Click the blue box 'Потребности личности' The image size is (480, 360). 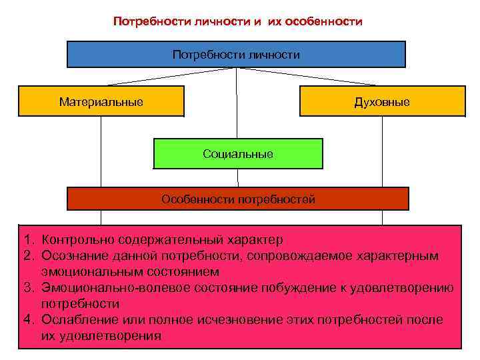(x=236, y=55)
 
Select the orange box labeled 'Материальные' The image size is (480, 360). (x=101, y=102)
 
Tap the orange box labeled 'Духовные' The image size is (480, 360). (x=382, y=102)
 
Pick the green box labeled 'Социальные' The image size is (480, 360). (x=238, y=154)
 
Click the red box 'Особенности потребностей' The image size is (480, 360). (x=238, y=199)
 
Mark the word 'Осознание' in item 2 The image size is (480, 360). (x=75, y=255)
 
